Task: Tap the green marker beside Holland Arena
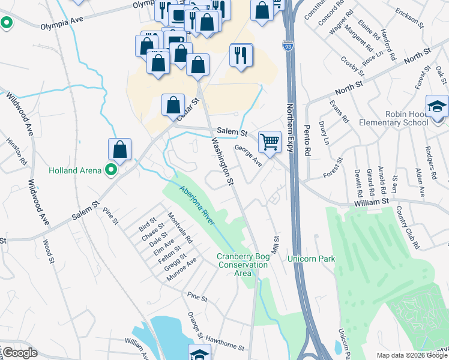point(110,170)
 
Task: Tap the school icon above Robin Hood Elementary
point(437,106)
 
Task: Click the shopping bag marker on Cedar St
point(173,106)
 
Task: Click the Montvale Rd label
point(180,229)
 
